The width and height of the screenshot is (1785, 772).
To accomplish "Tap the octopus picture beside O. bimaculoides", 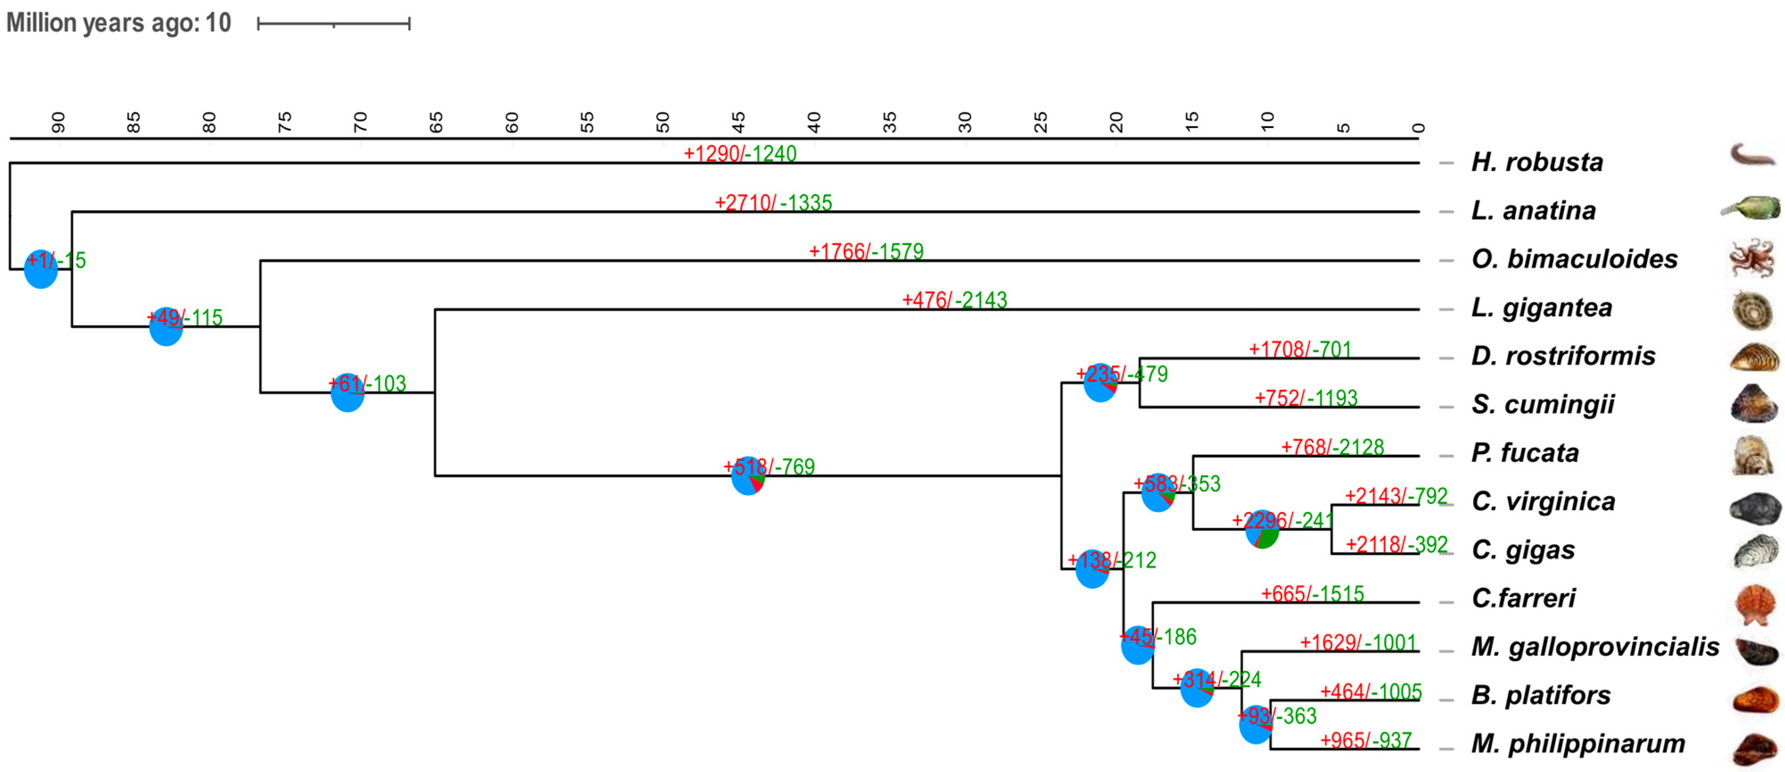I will coord(1751,259).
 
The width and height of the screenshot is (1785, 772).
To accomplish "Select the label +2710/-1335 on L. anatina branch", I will coord(773,202).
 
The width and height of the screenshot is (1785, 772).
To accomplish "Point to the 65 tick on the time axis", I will coord(436,123).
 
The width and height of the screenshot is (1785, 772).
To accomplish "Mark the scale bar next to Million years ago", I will coord(333,24).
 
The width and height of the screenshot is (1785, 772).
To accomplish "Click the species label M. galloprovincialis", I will coord(1595,647).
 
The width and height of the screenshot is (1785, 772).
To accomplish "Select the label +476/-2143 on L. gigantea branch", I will coord(954,300).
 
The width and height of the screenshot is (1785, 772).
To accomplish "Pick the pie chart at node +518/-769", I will coord(748,476).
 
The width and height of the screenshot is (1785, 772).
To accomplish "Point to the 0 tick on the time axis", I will coord(1418,128).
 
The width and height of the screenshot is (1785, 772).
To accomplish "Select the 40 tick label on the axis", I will coord(814,123).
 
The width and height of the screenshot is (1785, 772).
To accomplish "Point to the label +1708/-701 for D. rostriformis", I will coord(1299,349).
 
